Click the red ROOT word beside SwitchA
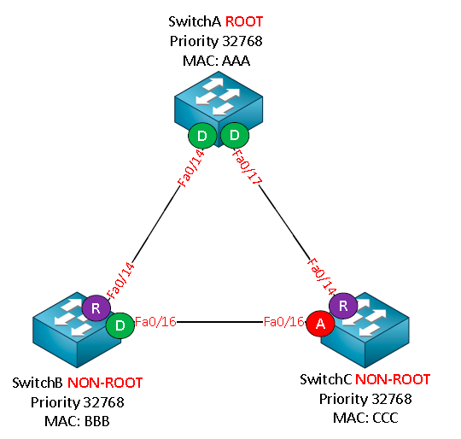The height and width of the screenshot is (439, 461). [244, 21]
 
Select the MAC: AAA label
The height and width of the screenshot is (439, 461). [216, 61]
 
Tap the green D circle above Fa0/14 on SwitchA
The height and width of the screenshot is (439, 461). [202, 136]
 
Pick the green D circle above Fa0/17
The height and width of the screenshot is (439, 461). [235, 135]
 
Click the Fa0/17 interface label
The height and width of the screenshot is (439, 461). [247, 167]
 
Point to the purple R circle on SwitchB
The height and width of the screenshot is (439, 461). [96, 308]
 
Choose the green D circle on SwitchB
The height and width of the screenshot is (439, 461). [120, 325]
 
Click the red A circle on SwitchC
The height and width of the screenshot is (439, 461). [320, 324]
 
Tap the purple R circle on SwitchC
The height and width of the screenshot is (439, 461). [343, 306]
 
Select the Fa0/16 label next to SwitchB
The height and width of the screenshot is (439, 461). [155, 322]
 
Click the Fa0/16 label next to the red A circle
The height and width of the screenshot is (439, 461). [283, 322]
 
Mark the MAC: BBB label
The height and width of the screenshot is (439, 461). [77, 421]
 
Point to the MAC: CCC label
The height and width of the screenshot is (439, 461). [365, 418]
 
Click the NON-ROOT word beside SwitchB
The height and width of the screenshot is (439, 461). [105, 383]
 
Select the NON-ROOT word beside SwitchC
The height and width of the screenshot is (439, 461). [393, 379]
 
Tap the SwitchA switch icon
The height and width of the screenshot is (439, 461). [219, 108]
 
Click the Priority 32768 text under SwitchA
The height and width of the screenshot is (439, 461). [216, 41]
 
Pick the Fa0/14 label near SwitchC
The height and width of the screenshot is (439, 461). [321, 277]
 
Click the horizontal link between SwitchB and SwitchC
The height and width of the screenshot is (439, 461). [219, 322]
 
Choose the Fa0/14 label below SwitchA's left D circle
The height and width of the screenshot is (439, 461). [191, 168]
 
